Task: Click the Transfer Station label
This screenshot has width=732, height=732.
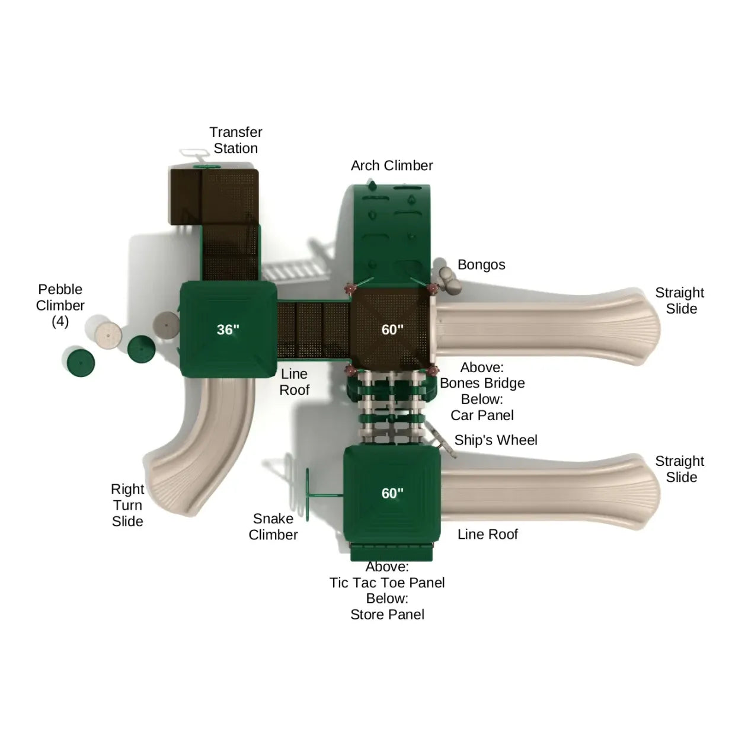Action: click(235, 140)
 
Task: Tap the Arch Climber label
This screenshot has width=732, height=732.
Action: click(392, 165)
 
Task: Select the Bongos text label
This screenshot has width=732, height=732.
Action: click(481, 265)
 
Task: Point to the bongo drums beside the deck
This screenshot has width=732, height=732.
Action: click(450, 280)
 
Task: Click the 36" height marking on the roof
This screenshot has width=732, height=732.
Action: click(228, 330)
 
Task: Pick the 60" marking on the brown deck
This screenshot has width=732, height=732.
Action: click(392, 330)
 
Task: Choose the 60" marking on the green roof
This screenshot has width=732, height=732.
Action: click(392, 493)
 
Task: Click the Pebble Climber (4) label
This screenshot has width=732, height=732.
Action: click(60, 305)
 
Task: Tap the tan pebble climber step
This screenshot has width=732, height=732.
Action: click(108, 335)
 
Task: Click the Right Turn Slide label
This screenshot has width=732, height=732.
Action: click(127, 505)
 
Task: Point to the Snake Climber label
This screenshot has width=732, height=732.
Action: click(273, 526)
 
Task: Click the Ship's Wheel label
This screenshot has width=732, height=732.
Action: click(496, 440)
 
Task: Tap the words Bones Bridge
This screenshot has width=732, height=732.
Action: click(482, 383)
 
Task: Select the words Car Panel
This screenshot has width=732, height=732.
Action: click(482, 415)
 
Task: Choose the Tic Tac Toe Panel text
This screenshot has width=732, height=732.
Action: click(386, 582)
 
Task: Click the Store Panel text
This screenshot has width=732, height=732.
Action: click(387, 614)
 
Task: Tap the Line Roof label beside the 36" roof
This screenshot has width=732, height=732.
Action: click(295, 382)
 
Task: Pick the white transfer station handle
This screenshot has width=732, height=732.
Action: click(194, 153)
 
